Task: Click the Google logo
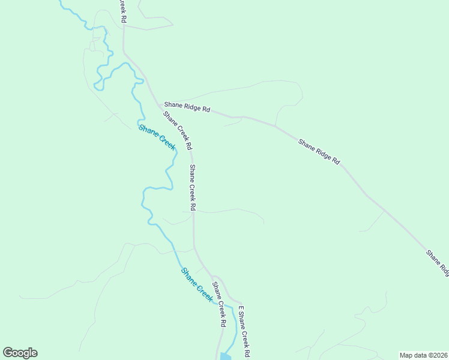(20, 353)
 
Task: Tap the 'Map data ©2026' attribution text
(423, 355)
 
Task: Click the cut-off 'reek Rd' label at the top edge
(123, 11)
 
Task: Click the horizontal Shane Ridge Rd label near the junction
(187, 109)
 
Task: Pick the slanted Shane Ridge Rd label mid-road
(319, 152)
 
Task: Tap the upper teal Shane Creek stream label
(157, 137)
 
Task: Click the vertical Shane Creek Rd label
(193, 187)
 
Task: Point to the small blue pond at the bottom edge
(225, 356)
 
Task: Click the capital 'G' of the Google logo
(8, 352)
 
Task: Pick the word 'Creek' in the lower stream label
(204, 292)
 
